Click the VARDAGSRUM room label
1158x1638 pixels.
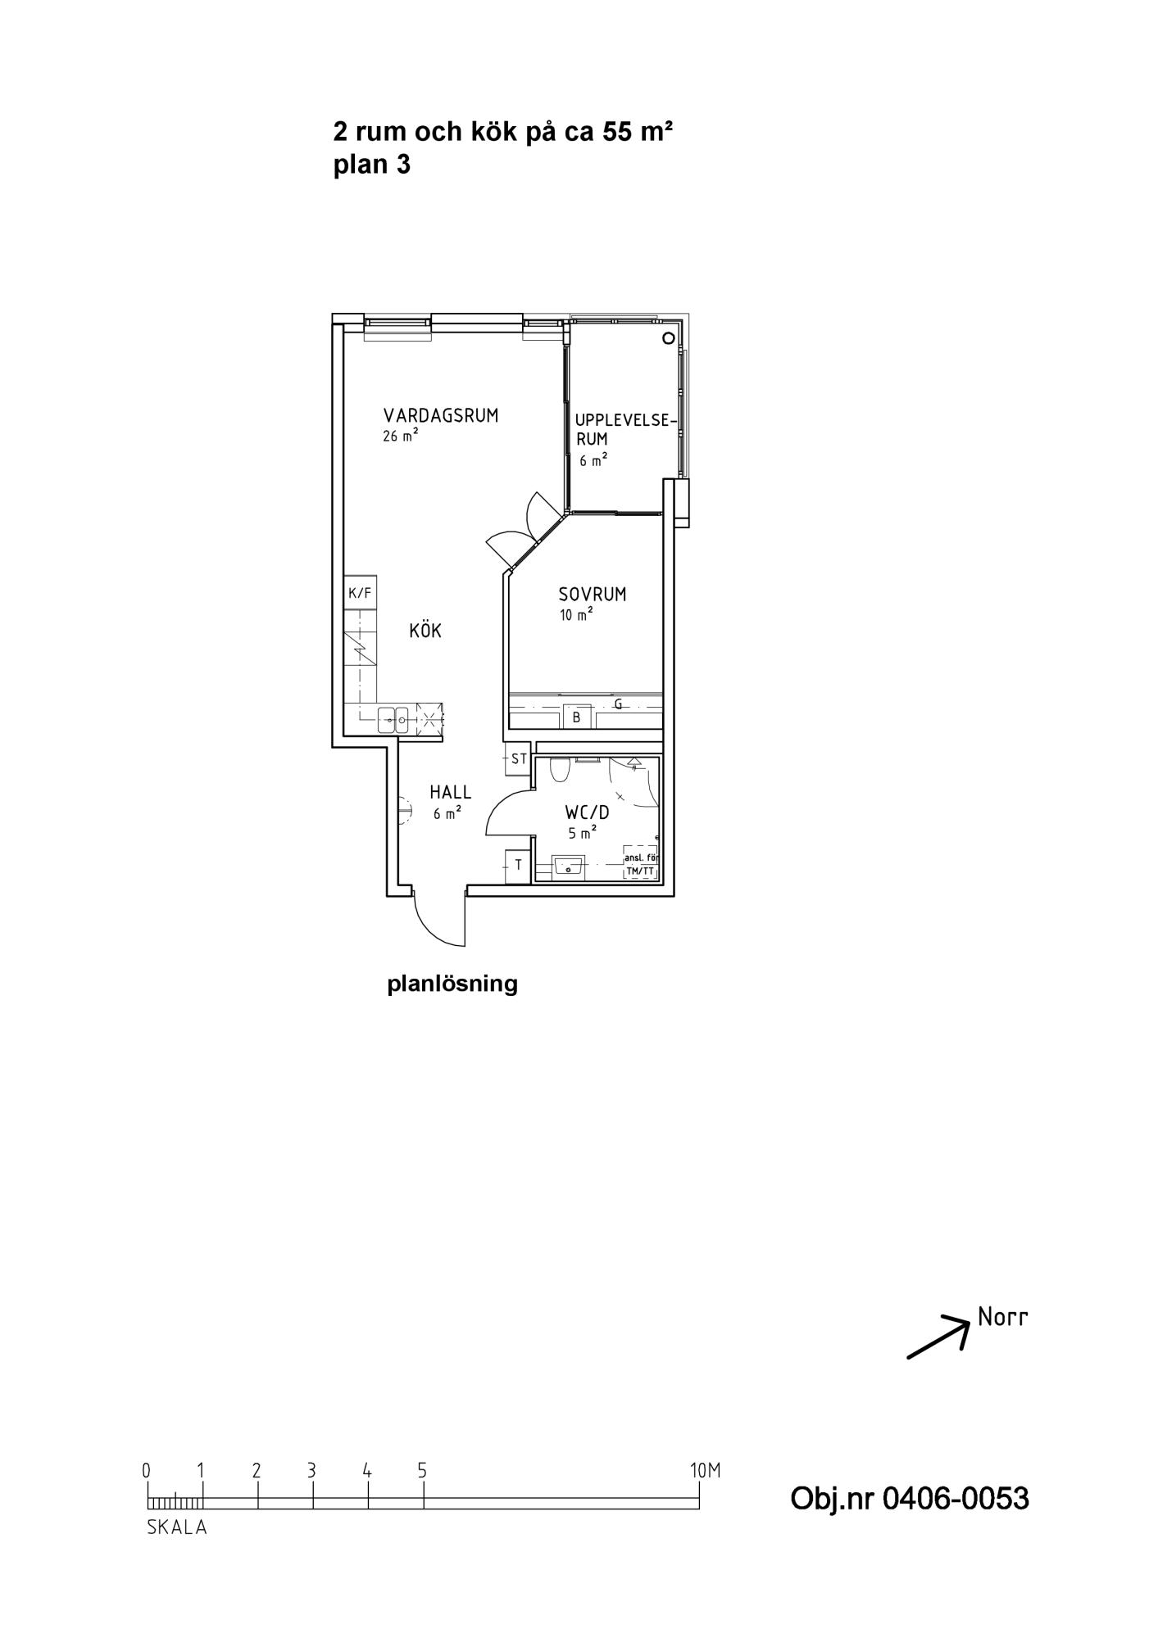click(441, 415)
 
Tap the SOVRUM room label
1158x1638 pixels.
click(593, 595)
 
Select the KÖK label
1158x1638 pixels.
click(425, 631)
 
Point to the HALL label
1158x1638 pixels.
click(451, 792)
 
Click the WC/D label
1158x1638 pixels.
click(588, 813)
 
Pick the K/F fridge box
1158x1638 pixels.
click(360, 592)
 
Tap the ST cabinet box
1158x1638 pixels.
click(519, 759)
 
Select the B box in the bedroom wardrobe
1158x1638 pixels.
click(577, 717)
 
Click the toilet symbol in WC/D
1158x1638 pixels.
click(561, 770)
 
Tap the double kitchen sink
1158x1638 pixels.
click(393, 720)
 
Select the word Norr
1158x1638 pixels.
click(1002, 1318)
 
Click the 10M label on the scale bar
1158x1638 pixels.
click(705, 1471)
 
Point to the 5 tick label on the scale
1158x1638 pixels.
click(422, 1471)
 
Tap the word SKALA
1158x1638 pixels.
click(177, 1527)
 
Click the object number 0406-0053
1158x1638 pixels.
click(955, 1500)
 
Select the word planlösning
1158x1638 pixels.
click(452, 984)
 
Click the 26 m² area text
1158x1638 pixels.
click(400, 436)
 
